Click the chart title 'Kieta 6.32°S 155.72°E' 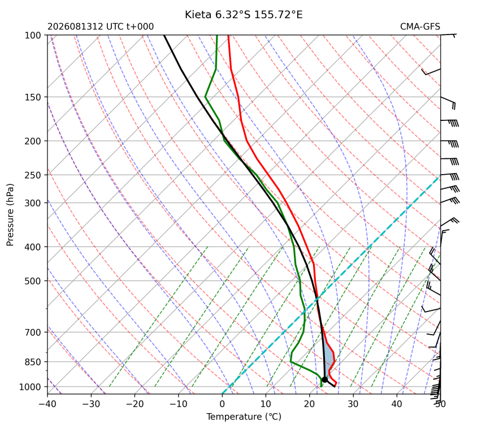[x=244, y=15]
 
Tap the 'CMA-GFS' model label [x=420, y=27]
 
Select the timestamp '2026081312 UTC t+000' [x=101, y=27]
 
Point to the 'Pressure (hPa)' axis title [x=10, y=215]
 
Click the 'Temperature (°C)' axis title [x=244, y=417]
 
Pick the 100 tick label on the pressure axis [x=33, y=36]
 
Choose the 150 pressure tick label [x=33, y=97]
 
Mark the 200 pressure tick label [x=33, y=141]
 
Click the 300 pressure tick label [x=33, y=203]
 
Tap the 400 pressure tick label [x=33, y=247]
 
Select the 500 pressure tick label [x=33, y=281]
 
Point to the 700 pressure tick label [x=33, y=332]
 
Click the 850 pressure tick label [x=33, y=362]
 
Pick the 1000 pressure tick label [x=31, y=387]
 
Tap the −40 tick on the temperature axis [x=47, y=404]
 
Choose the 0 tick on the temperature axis [x=222, y=404]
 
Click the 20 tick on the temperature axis [x=309, y=404]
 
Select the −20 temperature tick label [x=135, y=404]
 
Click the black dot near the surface [x=324, y=380]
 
